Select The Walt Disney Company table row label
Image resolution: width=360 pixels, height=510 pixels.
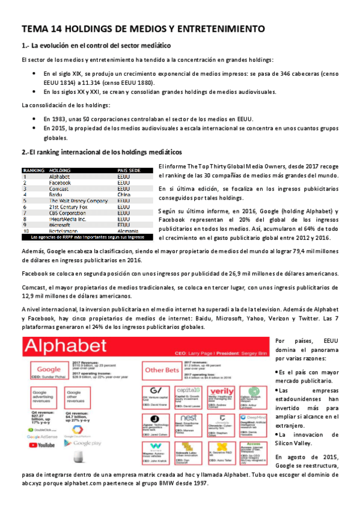pyautogui.click(x=78, y=201)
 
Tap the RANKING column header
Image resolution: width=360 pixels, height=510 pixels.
pyautogui.click(x=34, y=170)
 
